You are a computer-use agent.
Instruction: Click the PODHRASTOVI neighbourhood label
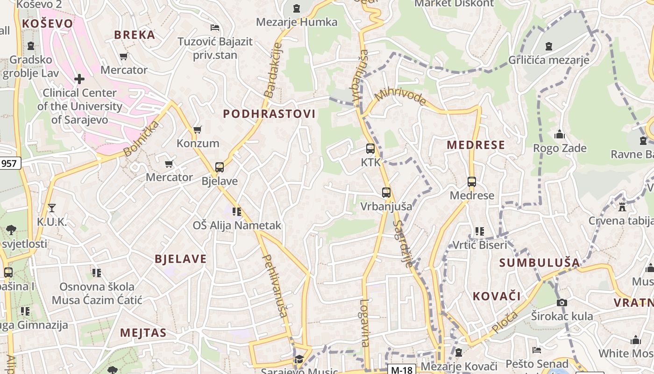(x=269, y=114)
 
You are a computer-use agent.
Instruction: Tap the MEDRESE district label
(x=476, y=145)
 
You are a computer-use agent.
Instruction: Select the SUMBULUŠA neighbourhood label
(x=539, y=263)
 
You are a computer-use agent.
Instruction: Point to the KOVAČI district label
(x=496, y=296)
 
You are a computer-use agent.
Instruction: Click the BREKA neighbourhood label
(x=135, y=35)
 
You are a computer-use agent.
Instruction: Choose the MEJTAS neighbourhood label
(x=143, y=333)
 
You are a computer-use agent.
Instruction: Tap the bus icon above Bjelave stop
(x=219, y=167)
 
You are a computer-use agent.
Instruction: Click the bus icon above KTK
(x=370, y=149)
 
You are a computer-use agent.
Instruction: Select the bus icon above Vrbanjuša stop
(x=386, y=192)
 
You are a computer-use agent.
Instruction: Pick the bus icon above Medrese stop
(x=471, y=182)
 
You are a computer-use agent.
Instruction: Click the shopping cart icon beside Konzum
(x=198, y=129)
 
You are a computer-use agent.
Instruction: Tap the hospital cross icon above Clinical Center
(x=79, y=79)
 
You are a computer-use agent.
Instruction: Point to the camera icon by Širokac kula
(x=562, y=302)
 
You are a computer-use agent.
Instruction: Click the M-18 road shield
(x=401, y=370)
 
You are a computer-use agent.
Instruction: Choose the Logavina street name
(x=364, y=323)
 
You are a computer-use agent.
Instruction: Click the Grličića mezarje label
(x=548, y=60)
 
